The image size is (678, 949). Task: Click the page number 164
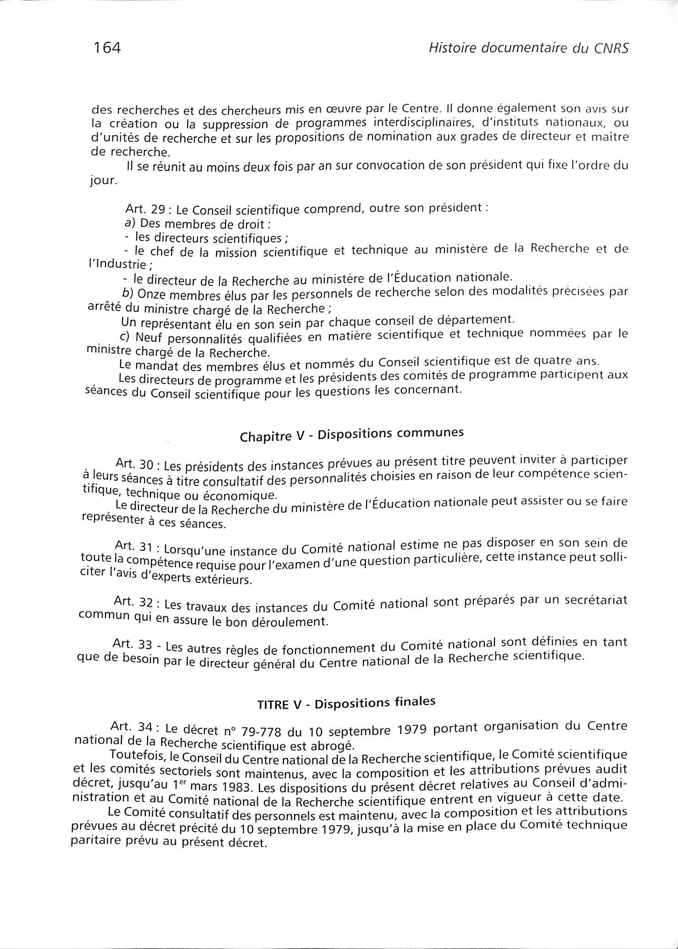[x=106, y=47]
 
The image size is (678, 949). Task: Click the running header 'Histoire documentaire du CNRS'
[x=528, y=48]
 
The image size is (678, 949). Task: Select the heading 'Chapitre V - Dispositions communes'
[x=352, y=434]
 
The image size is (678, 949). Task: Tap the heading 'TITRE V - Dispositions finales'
[x=346, y=703]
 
